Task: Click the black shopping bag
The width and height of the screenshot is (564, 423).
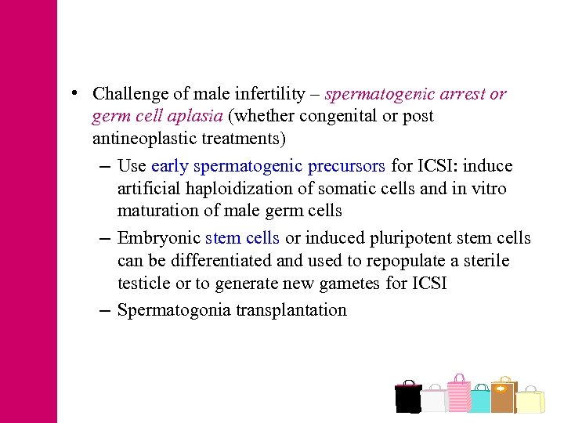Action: pyautogui.click(x=408, y=397)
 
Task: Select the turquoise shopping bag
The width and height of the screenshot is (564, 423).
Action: pyautogui.click(x=480, y=400)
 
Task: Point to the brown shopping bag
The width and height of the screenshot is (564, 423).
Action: pyautogui.click(x=502, y=396)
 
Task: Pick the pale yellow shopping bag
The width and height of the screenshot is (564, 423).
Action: pyautogui.click(x=530, y=400)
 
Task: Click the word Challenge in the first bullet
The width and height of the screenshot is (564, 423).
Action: pyautogui.click(x=130, y=94)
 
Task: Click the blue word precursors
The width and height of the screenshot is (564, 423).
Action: pyautogui.click(x=346, y=166)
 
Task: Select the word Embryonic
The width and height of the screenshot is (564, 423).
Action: pyautogui.click(x=159, y=238)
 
